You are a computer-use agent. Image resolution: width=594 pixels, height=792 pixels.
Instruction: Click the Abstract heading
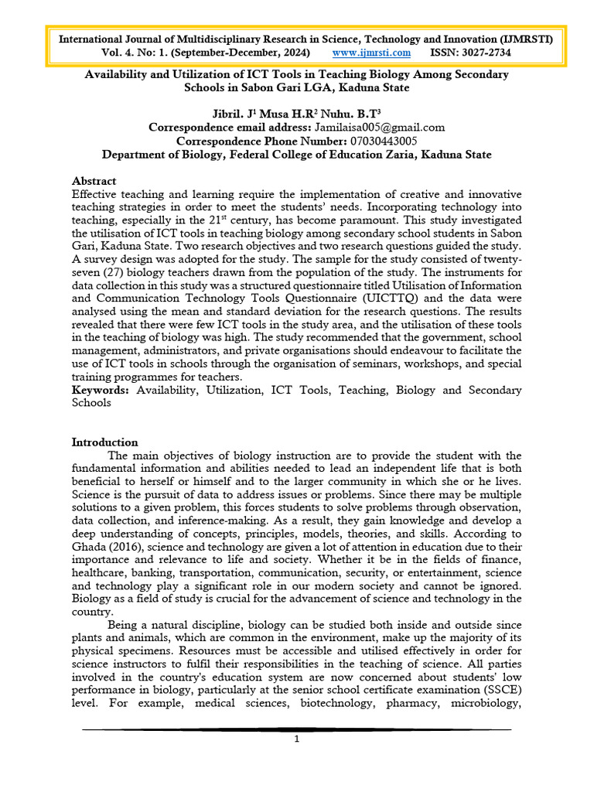click(94, 180)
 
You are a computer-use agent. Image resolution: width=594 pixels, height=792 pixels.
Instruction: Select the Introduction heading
click(104, 442)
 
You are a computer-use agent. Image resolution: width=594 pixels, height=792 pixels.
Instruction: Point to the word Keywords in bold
click(102, 391)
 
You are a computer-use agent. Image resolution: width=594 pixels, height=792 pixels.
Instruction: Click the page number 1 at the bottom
click(296, 739)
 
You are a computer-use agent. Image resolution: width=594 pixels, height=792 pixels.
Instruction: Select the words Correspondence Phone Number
click(241, 141)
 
